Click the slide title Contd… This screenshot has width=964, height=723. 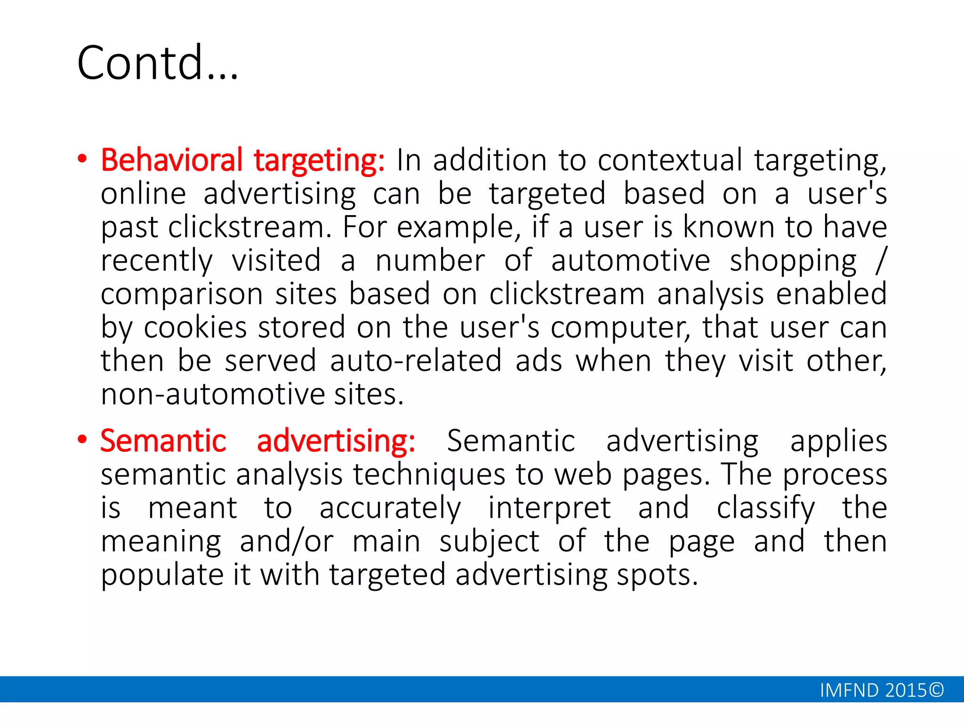pos(158,63)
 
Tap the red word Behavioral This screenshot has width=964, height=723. pos(172,160)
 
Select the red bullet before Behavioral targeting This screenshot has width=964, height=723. pos(82,160)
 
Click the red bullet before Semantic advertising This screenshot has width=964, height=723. pos(82,440)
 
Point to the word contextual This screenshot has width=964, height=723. pos(670,160)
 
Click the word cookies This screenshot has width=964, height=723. pos(195,327)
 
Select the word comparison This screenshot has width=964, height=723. pos(182,295)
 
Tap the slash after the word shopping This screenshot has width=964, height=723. pos(881,260)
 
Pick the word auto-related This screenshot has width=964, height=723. pos(416,361)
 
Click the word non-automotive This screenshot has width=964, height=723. pos(212,394)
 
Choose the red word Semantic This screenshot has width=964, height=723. pos(163,441)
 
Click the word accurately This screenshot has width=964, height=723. pos(390,508)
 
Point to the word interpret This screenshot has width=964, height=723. pos(549,508)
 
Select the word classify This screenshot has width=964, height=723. pos(765,508)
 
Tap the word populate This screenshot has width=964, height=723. pos(162,575)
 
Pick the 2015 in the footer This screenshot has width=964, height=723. pos(906,690)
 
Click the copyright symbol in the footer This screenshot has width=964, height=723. pos(936,690)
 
